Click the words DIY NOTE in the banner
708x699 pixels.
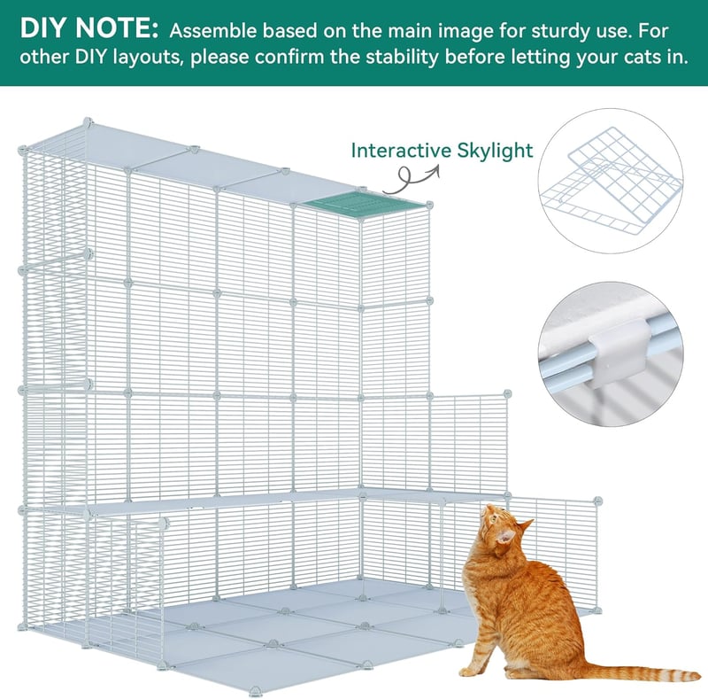(89, 28)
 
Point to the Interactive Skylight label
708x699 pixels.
(442, 151)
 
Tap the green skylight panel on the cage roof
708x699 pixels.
(365, 205)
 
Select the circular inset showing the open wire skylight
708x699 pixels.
(611, 181)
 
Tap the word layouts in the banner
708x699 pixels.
(147, 58)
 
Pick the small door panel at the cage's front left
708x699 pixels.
(127, 588)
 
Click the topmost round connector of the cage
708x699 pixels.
(88, 122)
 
